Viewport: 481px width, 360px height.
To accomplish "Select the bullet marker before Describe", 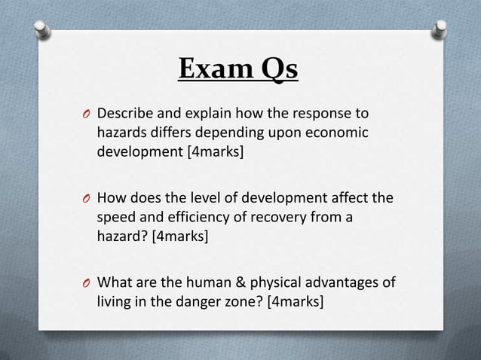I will (x=87, y=115).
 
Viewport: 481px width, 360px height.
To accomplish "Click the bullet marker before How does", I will (x=87, y=200).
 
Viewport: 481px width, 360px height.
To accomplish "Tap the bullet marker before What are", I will (x=87, y=285).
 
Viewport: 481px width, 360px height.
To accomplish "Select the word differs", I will (x=171, y=133).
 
